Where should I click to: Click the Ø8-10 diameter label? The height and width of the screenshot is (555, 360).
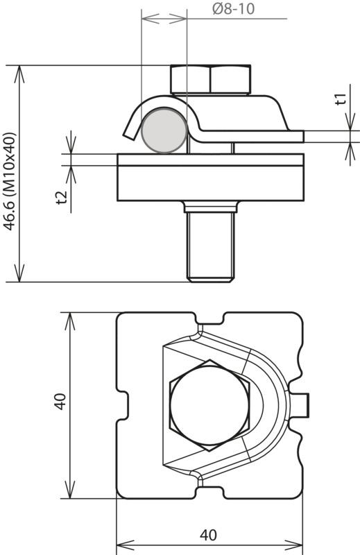[233, 9]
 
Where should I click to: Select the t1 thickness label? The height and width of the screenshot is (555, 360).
[340, 99]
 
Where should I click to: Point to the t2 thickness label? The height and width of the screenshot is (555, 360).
[62, 197]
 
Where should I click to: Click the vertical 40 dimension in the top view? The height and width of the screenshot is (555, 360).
[60, 402]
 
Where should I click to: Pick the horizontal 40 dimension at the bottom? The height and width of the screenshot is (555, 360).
[208, 535]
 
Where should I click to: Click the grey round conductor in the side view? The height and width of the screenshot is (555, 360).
[164, 130]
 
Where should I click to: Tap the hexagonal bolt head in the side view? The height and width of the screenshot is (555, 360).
[211, 79]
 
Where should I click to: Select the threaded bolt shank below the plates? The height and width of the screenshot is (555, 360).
[211, 247]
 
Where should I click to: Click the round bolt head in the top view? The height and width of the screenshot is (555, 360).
[209, 405]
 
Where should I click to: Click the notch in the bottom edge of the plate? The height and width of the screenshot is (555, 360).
[210, 493]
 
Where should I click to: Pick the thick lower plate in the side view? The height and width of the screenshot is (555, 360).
[211, 183]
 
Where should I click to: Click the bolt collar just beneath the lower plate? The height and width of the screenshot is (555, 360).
[211, 206]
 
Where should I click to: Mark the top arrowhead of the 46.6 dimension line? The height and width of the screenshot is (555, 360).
[19, 74]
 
